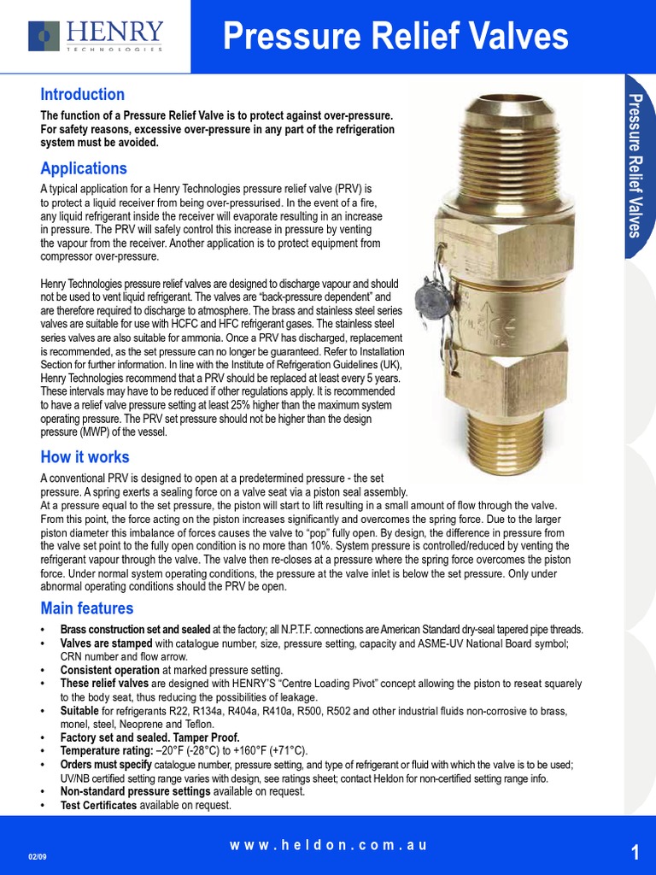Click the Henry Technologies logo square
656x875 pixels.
tap(44, 36)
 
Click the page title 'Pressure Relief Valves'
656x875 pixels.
tap(395, 37)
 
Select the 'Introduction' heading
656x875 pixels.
tap(83, 94)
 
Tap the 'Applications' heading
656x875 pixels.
tap(84, 167)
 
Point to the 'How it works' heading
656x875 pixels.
tap(85, 457)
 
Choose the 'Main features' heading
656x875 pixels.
tap(87, 608)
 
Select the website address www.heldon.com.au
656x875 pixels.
tap(327, 845)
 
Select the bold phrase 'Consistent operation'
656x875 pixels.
tap(109, 670)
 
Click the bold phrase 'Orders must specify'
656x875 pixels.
tap(107, 764)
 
